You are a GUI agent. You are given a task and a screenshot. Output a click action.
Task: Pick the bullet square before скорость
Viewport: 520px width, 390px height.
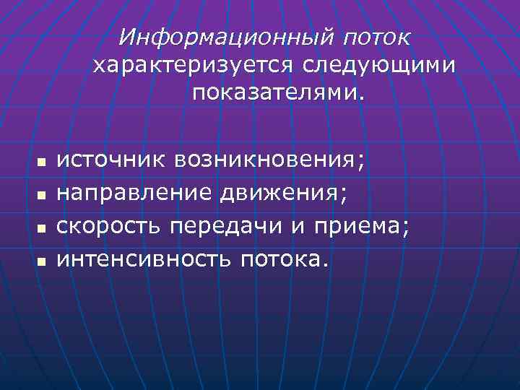41,227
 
